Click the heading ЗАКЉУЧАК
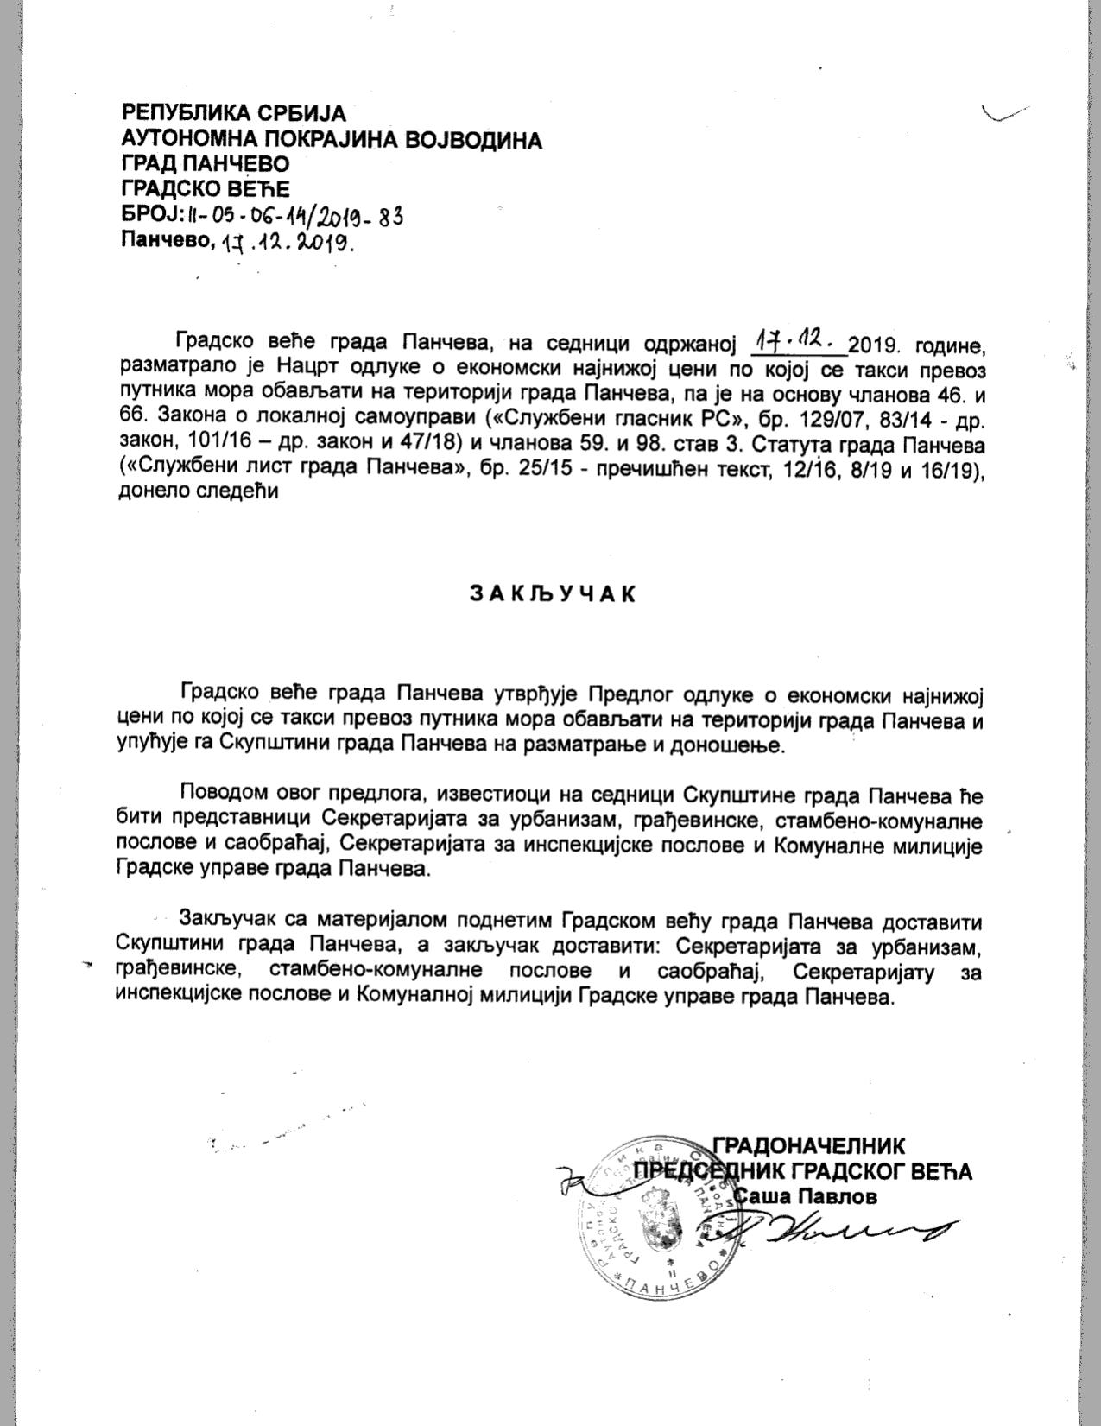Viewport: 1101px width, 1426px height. [x=553, y=594]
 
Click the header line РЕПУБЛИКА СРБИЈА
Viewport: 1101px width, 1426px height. [x=233, y=113]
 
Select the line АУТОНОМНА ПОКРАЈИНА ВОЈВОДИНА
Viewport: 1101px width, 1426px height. [x=332, y=139]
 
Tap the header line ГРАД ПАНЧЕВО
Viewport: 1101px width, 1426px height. [x=206, y=164]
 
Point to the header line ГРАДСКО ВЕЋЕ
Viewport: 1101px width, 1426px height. [x=206, y=189]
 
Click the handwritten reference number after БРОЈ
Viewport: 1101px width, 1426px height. [x=294, y=215]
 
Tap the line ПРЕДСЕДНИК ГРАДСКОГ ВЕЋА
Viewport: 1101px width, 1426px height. [x=803, y=1171]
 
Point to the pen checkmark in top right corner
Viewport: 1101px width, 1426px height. [x=1004, y=113]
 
